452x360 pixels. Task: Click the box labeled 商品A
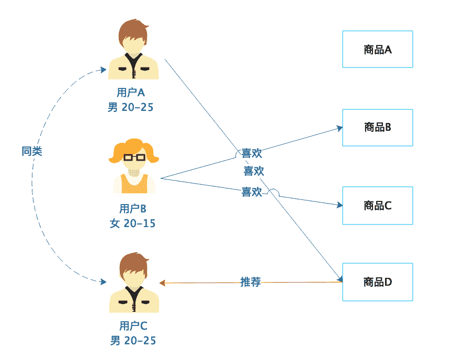click(x=377, y=49)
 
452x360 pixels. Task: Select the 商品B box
click(x=377, y=127)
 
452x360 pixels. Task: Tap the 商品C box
click(x=377, y=205)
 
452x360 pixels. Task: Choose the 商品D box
click(x=377, y=282)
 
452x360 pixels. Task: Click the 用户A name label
click(x=130, y=93)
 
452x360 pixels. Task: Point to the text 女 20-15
click(x=132, y=223)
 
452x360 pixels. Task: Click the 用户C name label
click(x=133, y=325)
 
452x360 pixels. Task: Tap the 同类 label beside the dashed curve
click(x=32, y=151)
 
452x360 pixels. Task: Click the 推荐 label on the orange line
click(x=250, y=282)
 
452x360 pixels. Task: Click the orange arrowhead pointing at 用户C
click(x=162, y=283)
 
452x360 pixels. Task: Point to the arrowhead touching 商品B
click(x=340, y=128)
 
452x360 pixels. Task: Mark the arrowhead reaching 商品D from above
click(x=338, y=278)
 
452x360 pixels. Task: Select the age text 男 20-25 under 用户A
click(x=130, y=107)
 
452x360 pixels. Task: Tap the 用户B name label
click(x=132, y=209)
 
